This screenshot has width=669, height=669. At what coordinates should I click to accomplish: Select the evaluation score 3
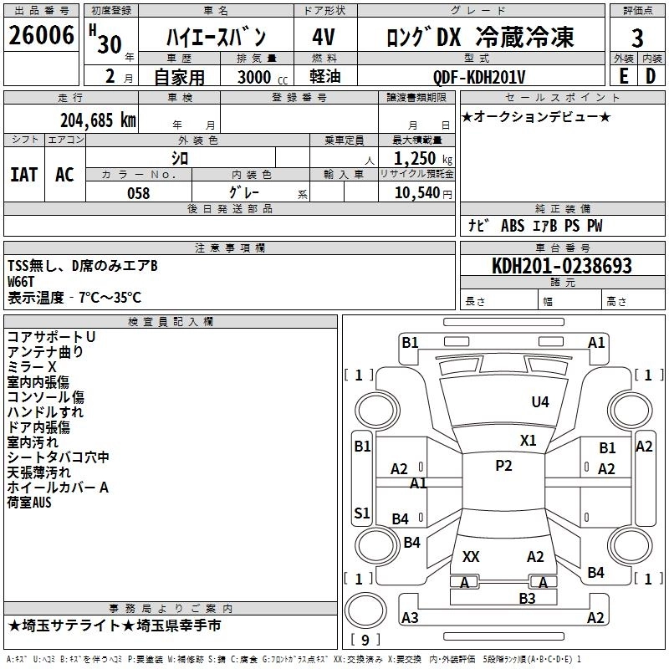[637, 38]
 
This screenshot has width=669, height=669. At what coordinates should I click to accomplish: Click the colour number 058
[138, 193]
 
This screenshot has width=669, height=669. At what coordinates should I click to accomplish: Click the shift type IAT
[24, 175]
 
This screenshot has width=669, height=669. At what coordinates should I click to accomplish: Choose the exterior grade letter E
[623, 76]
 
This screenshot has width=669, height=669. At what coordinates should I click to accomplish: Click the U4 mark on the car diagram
[540, 402]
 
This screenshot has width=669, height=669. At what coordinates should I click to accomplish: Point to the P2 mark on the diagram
[503, 466]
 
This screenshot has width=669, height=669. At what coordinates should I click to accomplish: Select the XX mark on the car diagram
[471, 556]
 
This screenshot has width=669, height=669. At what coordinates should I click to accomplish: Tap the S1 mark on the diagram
[362, 513]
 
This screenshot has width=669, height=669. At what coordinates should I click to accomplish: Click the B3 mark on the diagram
[527, 598]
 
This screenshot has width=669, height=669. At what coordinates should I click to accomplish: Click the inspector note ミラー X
[32, 367]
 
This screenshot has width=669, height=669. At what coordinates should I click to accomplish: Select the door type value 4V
[324, 38]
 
